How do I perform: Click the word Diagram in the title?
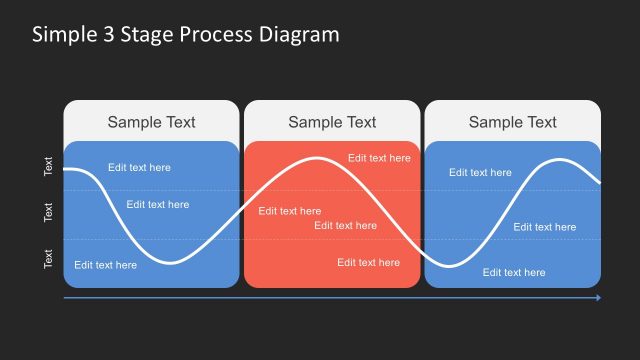(300, 34)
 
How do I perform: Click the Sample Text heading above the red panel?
(332, 122)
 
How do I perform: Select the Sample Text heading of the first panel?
(151, 122)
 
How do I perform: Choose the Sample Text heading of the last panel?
(512, 122)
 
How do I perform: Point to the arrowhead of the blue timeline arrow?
(598, 297)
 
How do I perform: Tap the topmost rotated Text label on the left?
(48, 166)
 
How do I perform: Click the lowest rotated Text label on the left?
(48, 259)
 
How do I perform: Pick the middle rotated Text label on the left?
(48, 212)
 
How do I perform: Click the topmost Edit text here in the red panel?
(379, 158)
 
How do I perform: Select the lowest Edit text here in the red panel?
(368, 263)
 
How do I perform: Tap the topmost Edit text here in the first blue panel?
(139, 167)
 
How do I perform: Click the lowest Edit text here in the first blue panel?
(105, 265)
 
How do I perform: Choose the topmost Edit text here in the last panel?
(480, 172)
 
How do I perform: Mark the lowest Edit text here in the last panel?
(514, 272)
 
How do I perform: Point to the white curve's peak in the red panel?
(318, 158)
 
